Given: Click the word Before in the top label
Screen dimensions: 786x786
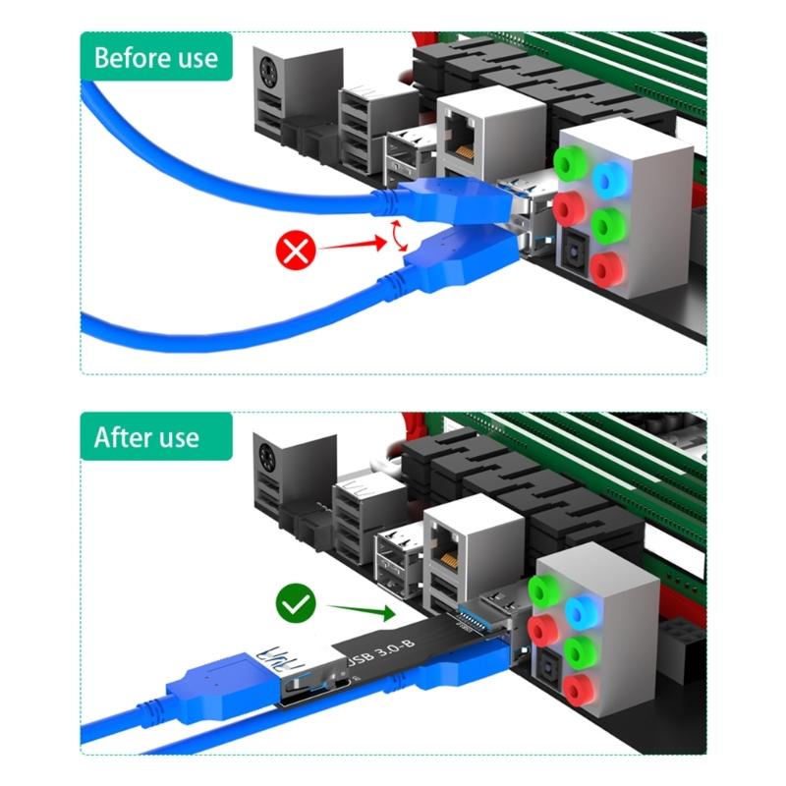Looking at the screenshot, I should (x=129, y=57).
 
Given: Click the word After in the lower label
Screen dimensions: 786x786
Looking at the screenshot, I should (x=118, y=437).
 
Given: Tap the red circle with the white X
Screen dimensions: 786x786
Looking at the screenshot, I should (x=295, y=252).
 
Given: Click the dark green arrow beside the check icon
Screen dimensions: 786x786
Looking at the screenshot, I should (x=360, y=610).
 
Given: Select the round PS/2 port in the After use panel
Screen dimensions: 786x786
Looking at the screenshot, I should (x=268, y=458).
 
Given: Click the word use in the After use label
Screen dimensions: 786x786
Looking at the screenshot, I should (x=174, y=437).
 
